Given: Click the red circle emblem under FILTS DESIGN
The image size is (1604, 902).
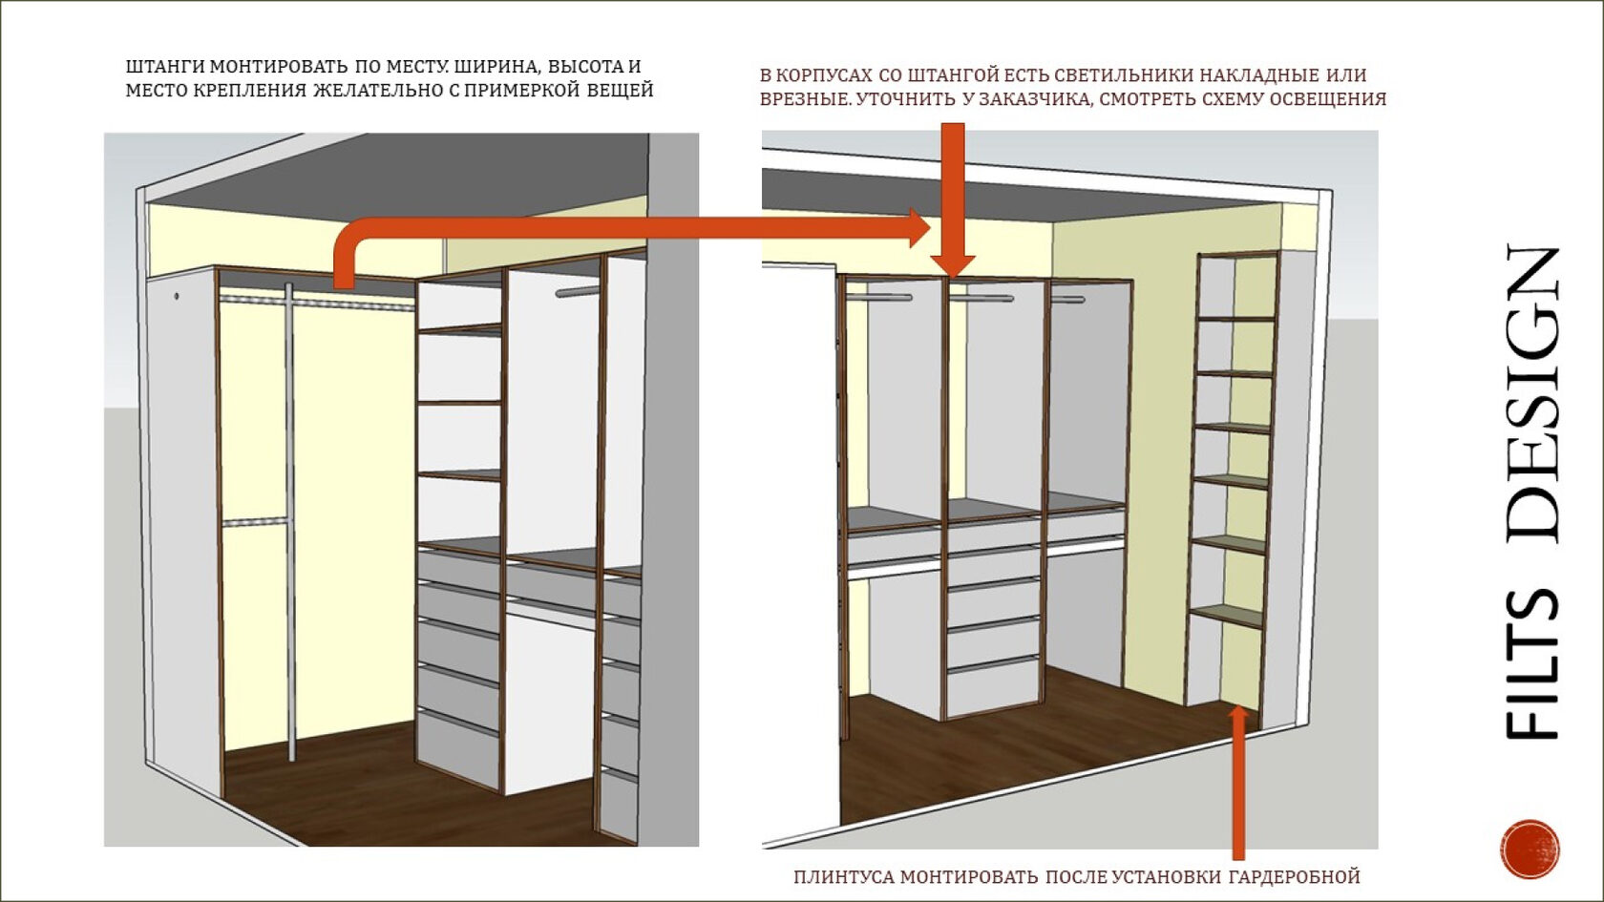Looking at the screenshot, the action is [x=1530, y=849].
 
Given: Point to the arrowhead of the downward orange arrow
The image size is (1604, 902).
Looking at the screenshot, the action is [x=952, y=264].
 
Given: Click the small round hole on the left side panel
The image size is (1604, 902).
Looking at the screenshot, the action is [x=178, y=296].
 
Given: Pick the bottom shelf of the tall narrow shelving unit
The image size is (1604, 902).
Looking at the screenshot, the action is [x=1227, y=616].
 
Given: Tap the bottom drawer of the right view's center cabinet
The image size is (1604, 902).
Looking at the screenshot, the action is [x=993, y=689].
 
